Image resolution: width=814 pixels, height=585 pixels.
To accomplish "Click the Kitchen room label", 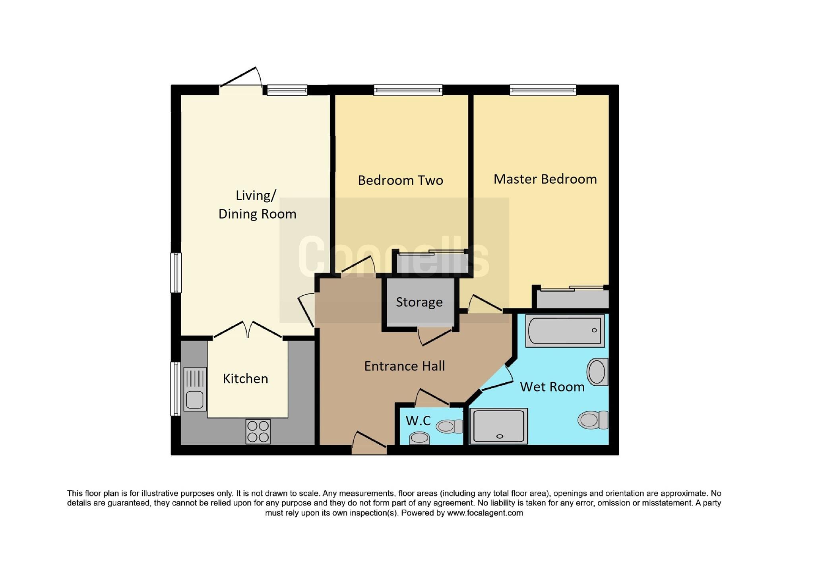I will (x=245, y=379).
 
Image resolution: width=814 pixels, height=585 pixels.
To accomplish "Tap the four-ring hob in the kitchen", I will (x=258, y=432).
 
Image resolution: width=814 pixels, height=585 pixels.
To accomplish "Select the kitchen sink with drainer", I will (x=195, y=389).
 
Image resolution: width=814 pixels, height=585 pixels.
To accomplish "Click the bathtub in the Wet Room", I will (x=565, y=331).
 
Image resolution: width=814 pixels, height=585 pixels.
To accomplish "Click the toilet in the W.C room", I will (x=450, y=426).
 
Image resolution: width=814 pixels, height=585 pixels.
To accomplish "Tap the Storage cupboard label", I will (x=419, y=302).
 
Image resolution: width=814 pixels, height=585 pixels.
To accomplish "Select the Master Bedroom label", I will (x=545, y=179).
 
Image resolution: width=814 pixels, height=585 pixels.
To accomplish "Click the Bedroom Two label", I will (x=400, y=180).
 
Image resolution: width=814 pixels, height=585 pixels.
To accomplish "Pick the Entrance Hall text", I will (x=404, y=366).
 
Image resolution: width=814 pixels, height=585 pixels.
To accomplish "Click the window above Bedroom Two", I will (x=408, y=90).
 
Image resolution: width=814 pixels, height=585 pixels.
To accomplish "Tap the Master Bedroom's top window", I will (x=543, y=90).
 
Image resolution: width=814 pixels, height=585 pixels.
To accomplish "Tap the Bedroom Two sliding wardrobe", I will (x=431, y=263).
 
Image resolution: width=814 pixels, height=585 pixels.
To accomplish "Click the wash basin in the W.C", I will (x=419, y=438).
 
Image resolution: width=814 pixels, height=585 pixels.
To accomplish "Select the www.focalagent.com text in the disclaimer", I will (x=485, y=513).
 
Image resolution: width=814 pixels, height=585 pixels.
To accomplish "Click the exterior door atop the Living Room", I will (x=240, y=79).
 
